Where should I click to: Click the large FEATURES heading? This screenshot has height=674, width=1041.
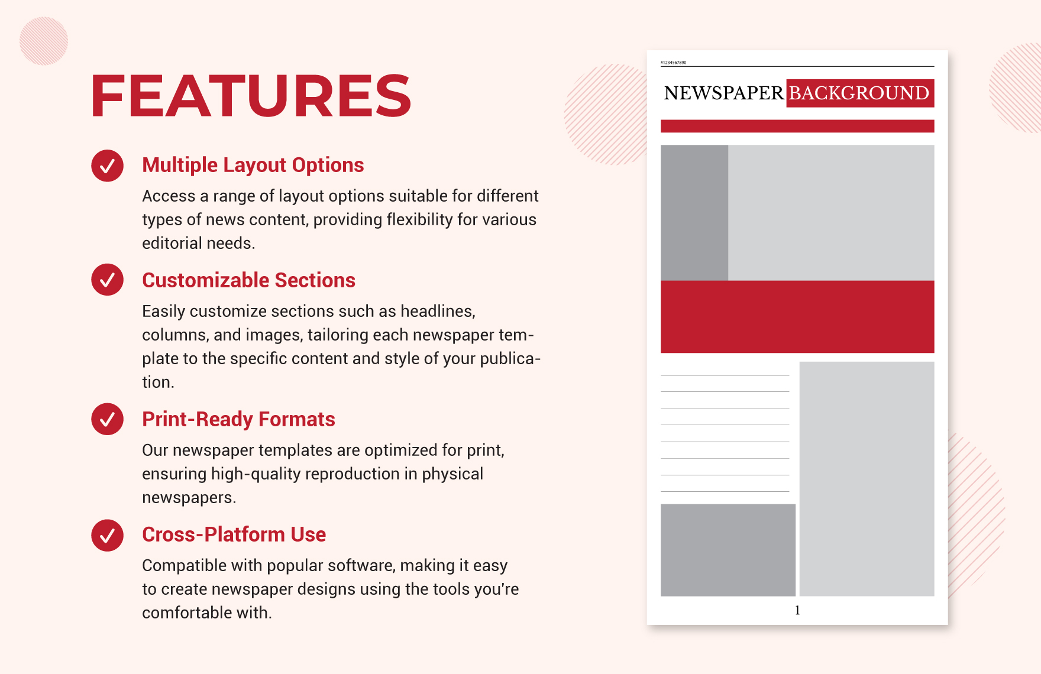coord(251,96)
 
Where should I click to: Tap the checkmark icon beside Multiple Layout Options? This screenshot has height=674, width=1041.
coord(107,166)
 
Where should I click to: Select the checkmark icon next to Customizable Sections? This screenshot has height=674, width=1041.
coord(107,280)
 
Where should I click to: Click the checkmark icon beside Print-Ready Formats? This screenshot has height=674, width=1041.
coord(107,419)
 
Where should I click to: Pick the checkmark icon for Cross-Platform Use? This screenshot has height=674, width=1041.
coord(107,535)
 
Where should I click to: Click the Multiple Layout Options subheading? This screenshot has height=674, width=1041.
coord(253,165)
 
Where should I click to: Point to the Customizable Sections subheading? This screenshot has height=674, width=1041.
coord(248,280)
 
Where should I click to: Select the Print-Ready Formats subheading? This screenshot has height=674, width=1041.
coord(238,419)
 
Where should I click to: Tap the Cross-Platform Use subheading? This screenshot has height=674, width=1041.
coord(234,534)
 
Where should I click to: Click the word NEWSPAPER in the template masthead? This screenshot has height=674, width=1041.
coord(723,93)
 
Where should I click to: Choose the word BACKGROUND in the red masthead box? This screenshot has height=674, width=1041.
coord(859,93)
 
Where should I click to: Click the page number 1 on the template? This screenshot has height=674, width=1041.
coord(797,610)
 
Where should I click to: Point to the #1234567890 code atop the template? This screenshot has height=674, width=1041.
coord(673,62)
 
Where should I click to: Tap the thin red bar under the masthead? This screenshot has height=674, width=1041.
coord(797,126)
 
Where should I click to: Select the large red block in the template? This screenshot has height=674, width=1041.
coord(797,317)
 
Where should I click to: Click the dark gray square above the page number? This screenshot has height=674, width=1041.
coord(728,550)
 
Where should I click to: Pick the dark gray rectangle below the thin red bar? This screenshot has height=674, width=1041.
coord(694,213)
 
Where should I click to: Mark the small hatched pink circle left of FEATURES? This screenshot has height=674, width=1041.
coord(44,41)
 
